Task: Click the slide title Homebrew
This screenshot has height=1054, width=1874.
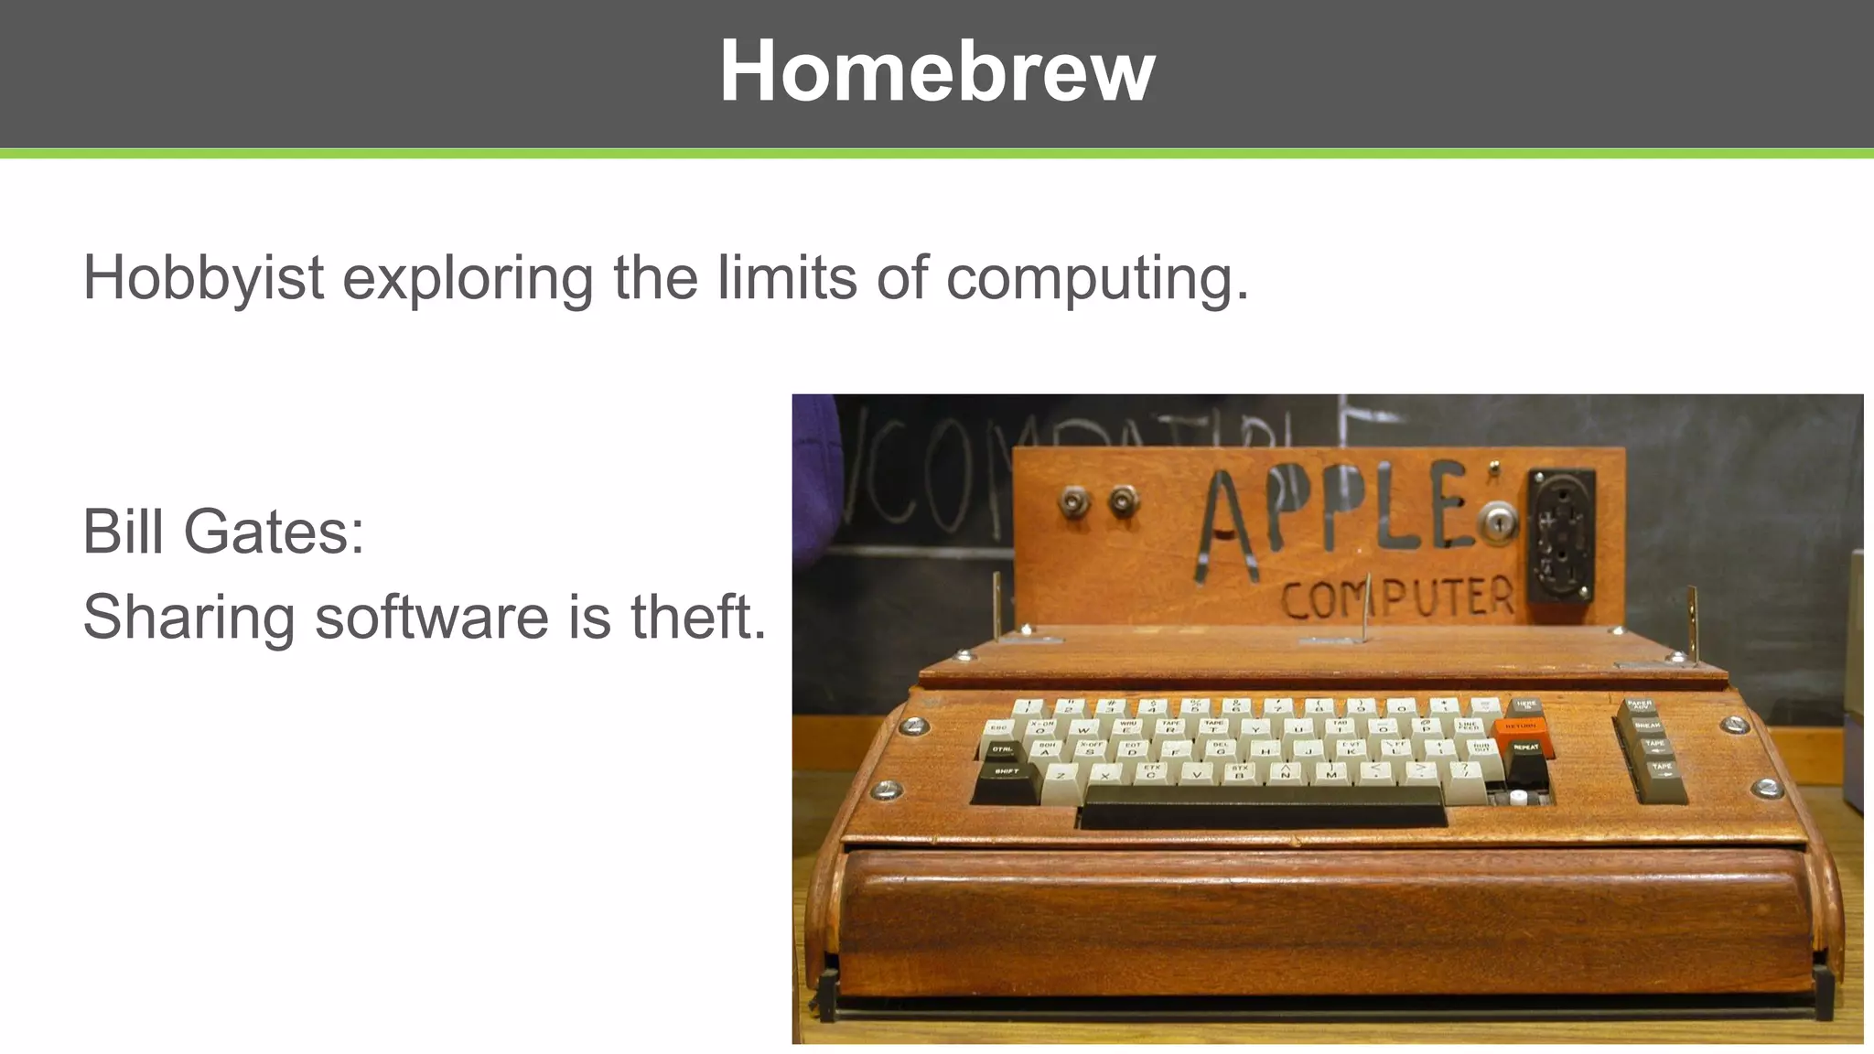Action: [x=937, y=71]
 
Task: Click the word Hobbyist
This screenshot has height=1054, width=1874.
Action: [x=203, y=278]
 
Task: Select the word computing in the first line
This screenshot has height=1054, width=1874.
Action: [x=1096, y=278]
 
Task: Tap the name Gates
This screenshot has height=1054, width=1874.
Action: [x=274, y=532]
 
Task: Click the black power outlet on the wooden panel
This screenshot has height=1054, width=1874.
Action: [x=1561, y=535]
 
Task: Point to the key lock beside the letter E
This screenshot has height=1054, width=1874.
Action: [x=1498, y=523]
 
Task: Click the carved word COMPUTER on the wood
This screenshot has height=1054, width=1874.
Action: [x=1397, y=597]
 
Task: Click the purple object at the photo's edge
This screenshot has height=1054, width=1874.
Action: [x=813, y=476]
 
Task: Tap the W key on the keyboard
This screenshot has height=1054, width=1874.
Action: [x=1083, y=730]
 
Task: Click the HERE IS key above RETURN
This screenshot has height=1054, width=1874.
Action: [x=1525, y=705]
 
